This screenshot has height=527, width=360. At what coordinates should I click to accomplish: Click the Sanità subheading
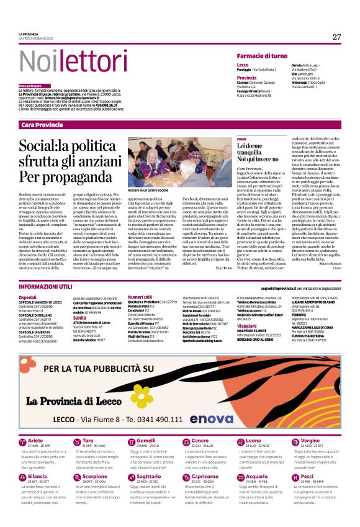pyautogui.click(x=80, y=317)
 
